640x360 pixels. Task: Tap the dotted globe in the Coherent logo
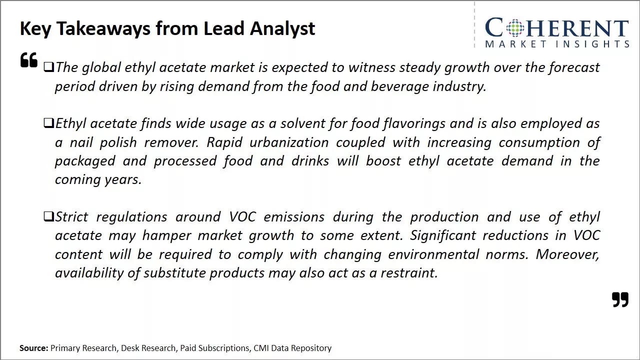[514, 28]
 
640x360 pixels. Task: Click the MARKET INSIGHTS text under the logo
[557, 44]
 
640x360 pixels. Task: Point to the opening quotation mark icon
[29, 60]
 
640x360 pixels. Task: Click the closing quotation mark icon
[620, 299]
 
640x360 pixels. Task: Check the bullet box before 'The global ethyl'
[48, 67]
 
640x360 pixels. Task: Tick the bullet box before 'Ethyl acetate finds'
[48, 123]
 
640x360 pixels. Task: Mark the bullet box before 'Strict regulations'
[48, 216]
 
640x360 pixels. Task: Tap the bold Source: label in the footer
[34, 348]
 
